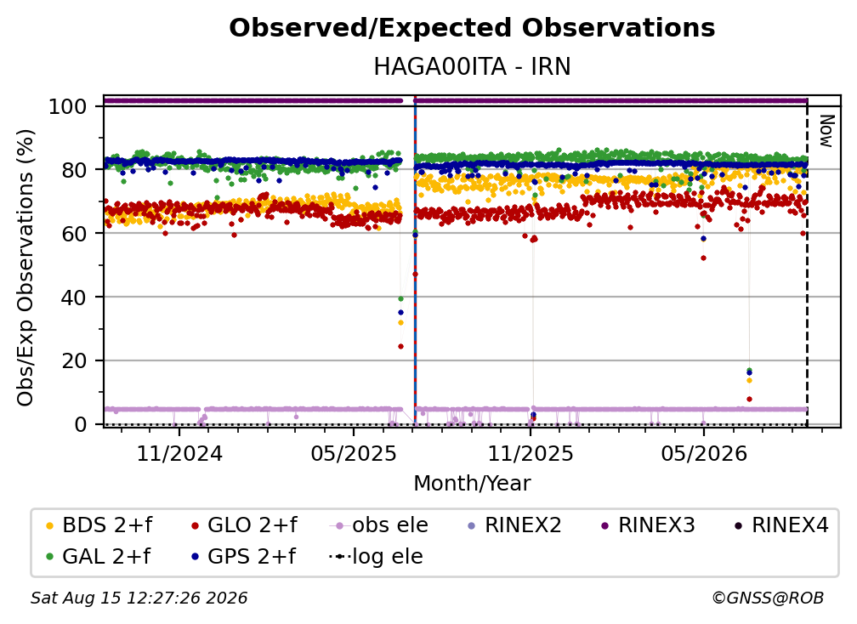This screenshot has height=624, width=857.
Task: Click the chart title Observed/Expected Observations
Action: click(472, 28)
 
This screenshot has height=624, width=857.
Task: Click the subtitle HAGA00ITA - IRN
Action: click(472, 66)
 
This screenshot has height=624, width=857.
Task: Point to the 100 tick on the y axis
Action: click(67, 106)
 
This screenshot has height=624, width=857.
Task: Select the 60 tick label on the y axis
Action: click(74, 234)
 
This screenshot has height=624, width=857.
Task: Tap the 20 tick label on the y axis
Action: click(74, 361)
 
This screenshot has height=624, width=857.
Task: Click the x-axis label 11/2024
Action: click(179, 453)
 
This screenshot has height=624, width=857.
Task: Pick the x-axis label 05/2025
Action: click(354, 453)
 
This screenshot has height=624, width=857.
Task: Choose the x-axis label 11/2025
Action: click(531, 453)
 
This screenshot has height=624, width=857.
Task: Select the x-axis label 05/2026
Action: click(704, 453)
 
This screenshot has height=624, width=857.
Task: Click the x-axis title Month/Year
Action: click(472, 484)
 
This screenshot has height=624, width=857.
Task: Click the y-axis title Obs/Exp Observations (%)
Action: click(26, 268)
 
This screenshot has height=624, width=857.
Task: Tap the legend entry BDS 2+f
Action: click(99, 525)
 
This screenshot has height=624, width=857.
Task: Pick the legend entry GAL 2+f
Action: click(98, 557)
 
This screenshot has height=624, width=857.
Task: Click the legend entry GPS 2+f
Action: click(243, 557)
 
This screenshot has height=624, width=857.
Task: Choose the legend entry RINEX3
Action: click(648, 525)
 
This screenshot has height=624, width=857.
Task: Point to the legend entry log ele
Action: click(376, 557)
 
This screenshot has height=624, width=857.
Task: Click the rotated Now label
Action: click(826, 131)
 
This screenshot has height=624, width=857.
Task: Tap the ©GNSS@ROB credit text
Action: click(768, 598)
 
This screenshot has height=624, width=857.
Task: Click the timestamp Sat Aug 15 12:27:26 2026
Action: click(139, 598)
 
